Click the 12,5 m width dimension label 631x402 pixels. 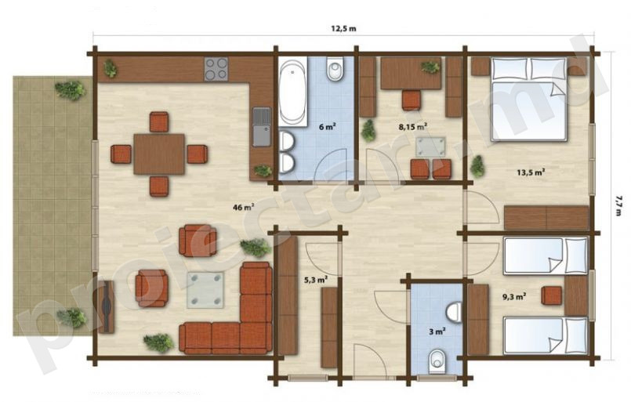(343, 28)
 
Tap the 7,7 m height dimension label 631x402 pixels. (618, 205)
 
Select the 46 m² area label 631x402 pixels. (244, 207)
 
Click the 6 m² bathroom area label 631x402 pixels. (327, 127)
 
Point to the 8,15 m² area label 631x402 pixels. (413, 127)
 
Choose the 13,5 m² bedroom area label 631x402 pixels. (531, 172)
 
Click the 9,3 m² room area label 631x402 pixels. (515, 297)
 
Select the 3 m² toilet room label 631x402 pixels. (437, 331)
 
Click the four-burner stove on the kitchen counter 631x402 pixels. (216, 69)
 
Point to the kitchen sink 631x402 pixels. (262, 127)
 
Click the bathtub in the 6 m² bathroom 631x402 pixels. (293, 92)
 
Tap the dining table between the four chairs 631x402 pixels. (159, 154)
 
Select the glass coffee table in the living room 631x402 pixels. (205, 290)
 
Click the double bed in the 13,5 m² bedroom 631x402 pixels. (529, 100)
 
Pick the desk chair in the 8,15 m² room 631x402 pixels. (412, 100)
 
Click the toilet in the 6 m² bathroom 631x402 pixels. (335, 69)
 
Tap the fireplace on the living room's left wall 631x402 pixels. (107, 306)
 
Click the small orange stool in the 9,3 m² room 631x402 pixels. (552, 295)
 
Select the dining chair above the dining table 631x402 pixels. (159, 122)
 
